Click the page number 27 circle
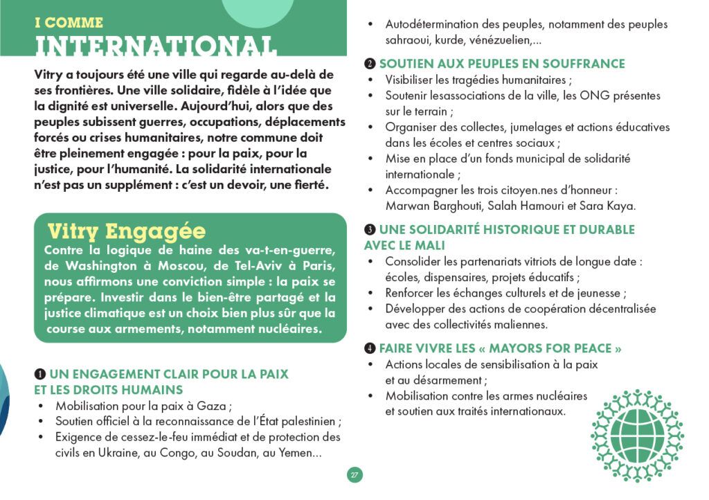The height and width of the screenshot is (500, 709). [354, 475]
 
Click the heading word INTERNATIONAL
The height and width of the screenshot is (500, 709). [156, 46]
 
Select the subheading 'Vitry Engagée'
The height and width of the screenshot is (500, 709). [126, 231]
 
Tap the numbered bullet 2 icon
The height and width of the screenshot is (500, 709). [370, 64]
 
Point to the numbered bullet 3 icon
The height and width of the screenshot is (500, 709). [370, 230]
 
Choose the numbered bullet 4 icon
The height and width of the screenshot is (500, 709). [370, 348]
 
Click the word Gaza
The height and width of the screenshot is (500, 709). [213, 406]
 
